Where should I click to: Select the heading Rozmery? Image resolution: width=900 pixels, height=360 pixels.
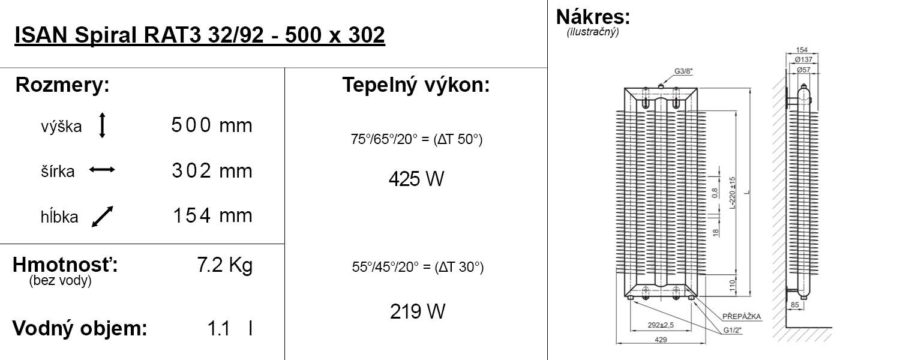(62, 85)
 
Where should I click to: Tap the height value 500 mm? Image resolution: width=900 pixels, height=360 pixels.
(211, 125)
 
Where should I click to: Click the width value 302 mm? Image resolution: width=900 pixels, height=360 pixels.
(211, 171)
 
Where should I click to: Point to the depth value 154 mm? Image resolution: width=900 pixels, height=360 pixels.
(212, 215)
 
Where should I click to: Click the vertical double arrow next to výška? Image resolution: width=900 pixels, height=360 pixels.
(102, 126)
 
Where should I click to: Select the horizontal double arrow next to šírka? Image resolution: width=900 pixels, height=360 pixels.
(102, 170)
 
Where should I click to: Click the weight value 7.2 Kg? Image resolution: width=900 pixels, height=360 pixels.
(224, 265)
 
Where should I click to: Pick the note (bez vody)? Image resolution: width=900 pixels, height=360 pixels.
(60, 281)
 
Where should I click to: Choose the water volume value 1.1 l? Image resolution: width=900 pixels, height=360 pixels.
(229, 329)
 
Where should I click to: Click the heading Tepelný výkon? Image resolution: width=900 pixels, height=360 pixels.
(416, 85)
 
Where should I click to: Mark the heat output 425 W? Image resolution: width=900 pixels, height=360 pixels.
(416, 179)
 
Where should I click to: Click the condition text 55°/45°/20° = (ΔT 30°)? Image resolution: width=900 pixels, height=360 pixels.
(418, 267)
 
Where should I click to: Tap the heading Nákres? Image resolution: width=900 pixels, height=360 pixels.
(593, 16)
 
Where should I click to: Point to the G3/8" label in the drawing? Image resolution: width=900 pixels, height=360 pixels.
(683, 71)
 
